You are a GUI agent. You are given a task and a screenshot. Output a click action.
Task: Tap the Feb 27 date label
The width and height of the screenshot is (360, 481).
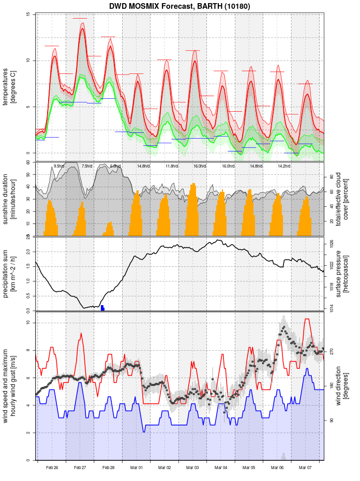click(x=80, y=468)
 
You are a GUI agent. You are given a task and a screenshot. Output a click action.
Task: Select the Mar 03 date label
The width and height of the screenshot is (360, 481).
click(x=193, y=468)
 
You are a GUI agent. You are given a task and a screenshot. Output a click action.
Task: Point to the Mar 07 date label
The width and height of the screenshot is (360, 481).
click(x=306, y=468)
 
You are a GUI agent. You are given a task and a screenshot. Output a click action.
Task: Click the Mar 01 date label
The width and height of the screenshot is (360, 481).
click(x=137, y=468)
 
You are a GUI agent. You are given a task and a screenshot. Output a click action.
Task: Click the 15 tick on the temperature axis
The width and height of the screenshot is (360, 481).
click(x=28, y=14)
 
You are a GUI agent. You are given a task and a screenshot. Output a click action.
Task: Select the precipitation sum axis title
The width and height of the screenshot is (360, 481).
click(x=9, y=273)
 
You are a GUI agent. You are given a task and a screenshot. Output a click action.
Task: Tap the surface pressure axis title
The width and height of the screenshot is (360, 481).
click(x=342, y=273)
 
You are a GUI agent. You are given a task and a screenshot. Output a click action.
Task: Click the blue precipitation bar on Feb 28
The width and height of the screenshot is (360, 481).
click(x=102, y=308)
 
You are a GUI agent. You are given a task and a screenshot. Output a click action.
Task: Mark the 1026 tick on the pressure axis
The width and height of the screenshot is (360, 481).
click(x=331, y=243)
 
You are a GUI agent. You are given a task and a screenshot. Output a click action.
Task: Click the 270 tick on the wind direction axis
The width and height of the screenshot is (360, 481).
click(x=331, y=351)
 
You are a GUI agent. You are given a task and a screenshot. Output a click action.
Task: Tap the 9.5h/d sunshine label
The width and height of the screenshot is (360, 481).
click(x=59, y=166)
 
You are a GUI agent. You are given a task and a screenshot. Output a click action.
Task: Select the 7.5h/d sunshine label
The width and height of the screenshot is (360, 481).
click(x=87, y=166)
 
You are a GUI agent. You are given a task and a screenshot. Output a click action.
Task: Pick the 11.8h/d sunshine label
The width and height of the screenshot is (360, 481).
click(x=171, y=166)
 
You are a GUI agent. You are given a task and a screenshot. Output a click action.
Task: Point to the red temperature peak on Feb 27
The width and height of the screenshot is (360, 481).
click(x=82, y=29)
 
